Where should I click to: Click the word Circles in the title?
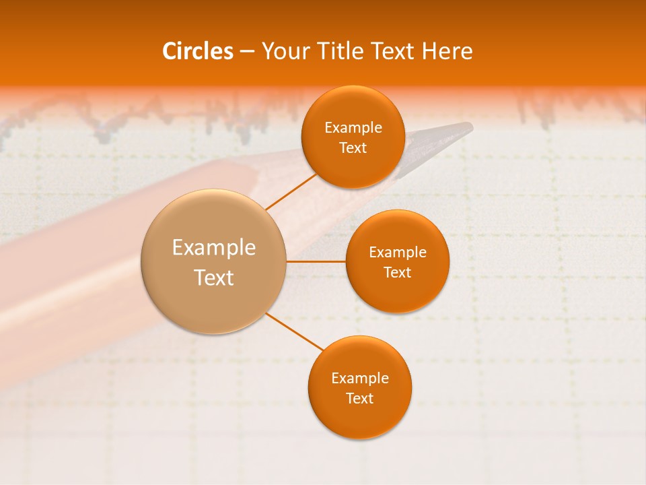coord(197,51)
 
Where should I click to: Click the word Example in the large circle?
coord(214,248)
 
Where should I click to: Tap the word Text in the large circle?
coord(214,278)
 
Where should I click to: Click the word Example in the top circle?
coord(353,127)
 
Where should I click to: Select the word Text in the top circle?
coord(353,148)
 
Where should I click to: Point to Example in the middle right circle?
coord(398,252)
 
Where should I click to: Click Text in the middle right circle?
coord(398,272)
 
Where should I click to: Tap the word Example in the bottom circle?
coord(360,378)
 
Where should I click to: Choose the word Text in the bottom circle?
coord(360,398)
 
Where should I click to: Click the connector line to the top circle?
coord(291,191)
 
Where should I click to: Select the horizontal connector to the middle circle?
coord(316,261)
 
